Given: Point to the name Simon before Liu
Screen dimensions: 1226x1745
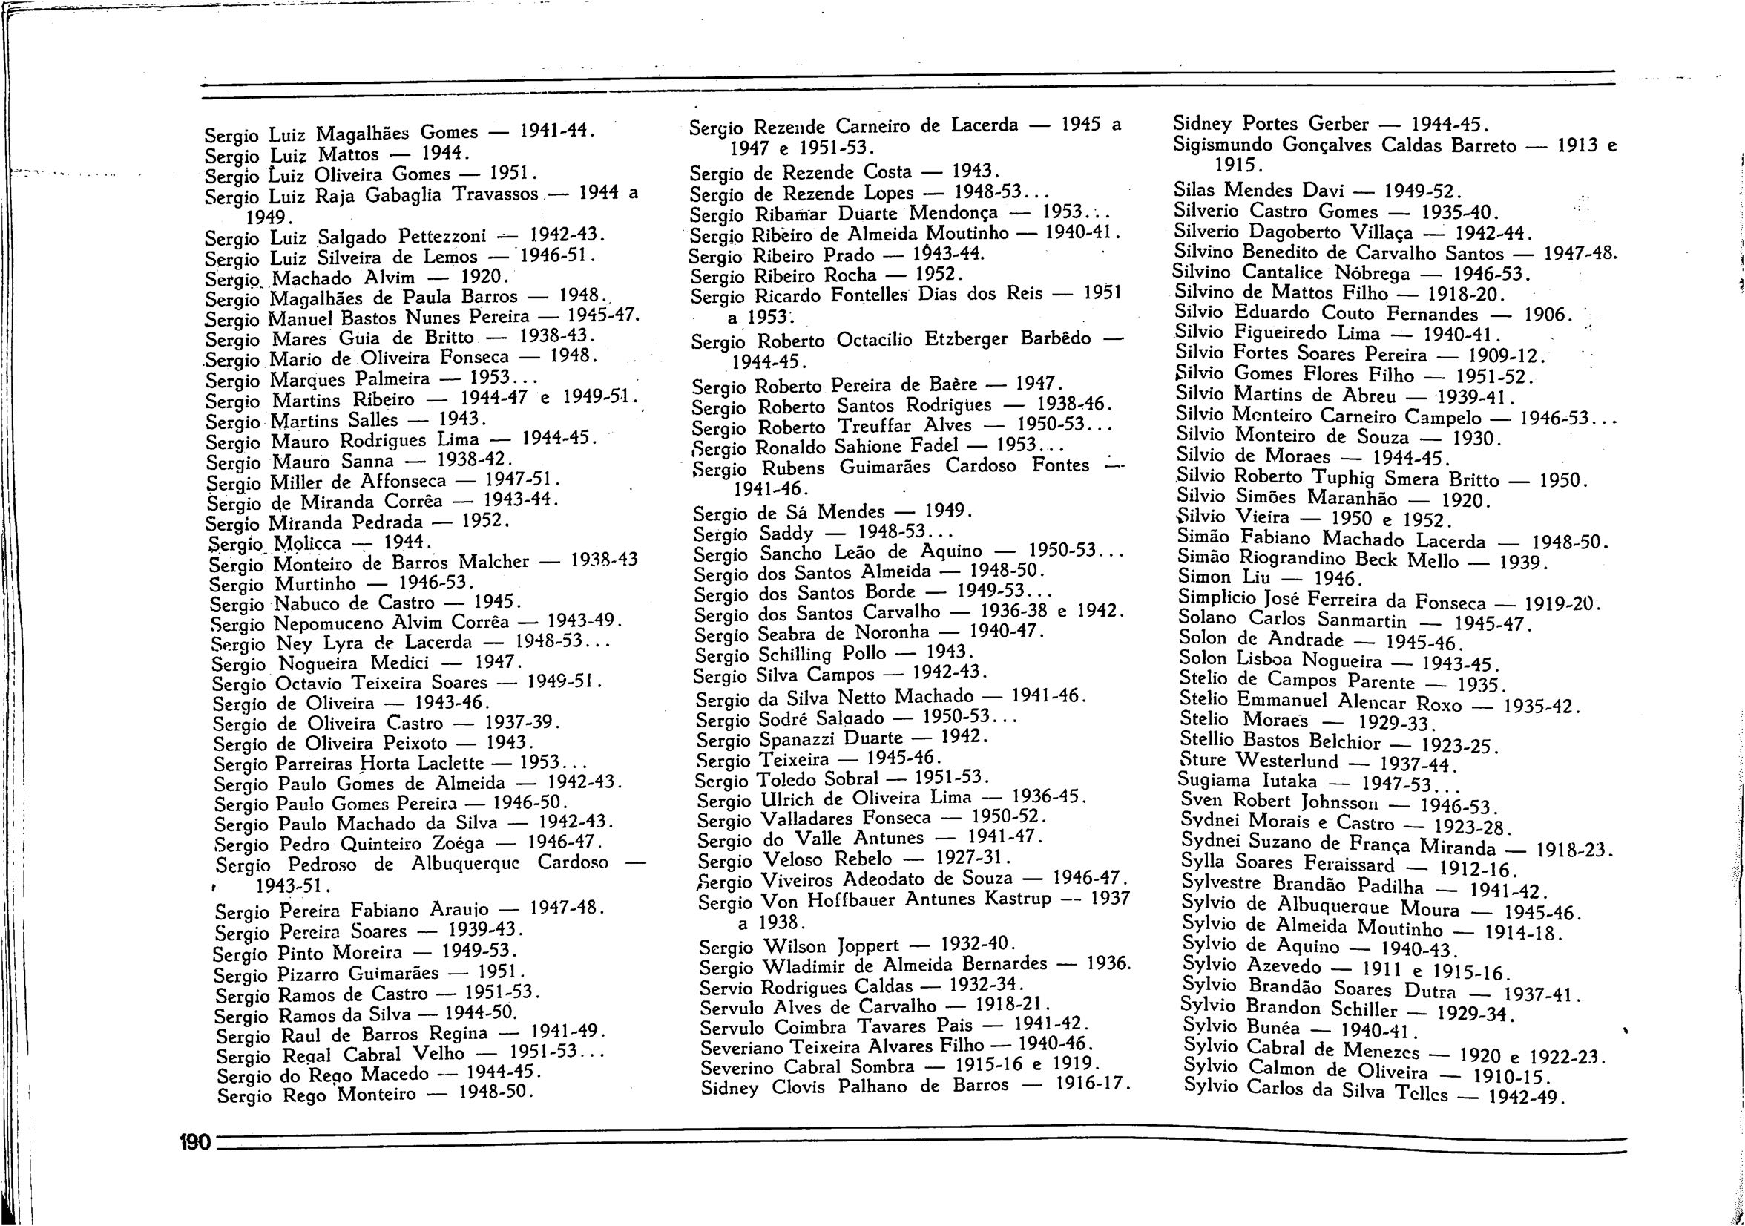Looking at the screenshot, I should point(1204,577).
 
